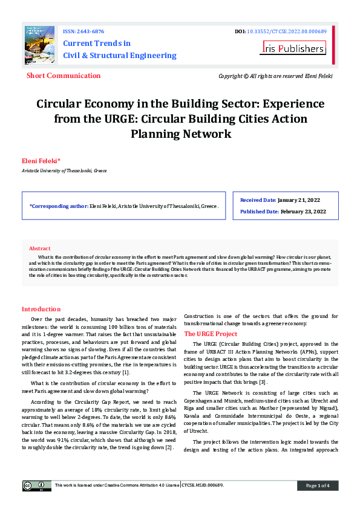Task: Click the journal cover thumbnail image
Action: [x=39, y=44]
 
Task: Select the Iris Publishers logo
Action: [x=293, y=48]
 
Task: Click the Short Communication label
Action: [x=64, y=76]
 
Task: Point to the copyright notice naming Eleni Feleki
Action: [x=275, y=76]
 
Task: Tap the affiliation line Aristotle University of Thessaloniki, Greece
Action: [x=64, y=171]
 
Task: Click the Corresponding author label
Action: [x=58, y=206]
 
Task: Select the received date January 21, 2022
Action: [x=301, y=199]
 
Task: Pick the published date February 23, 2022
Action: [x=303, y=212]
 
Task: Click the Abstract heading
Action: [x=40, y=248]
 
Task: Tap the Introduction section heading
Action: [x=41, y=309]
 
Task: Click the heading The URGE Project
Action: [x=211, y=334]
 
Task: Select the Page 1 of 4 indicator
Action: [x=317, y=485]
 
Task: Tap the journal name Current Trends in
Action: [x=97, y=44]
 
